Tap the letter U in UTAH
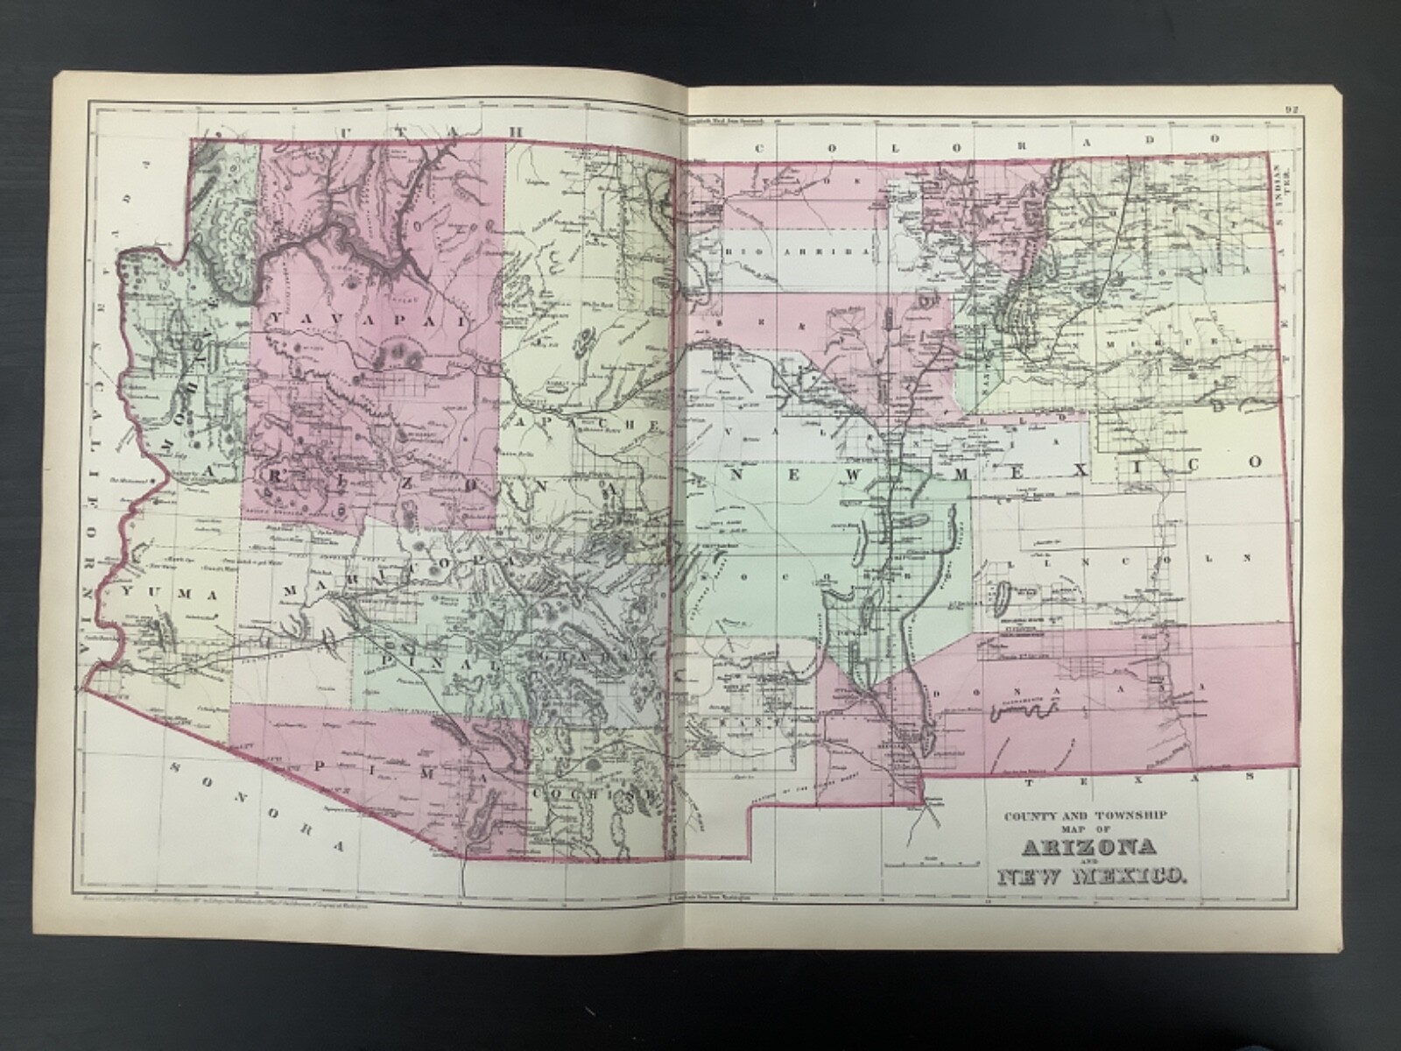click(349, 130)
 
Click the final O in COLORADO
click(1214, 138)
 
